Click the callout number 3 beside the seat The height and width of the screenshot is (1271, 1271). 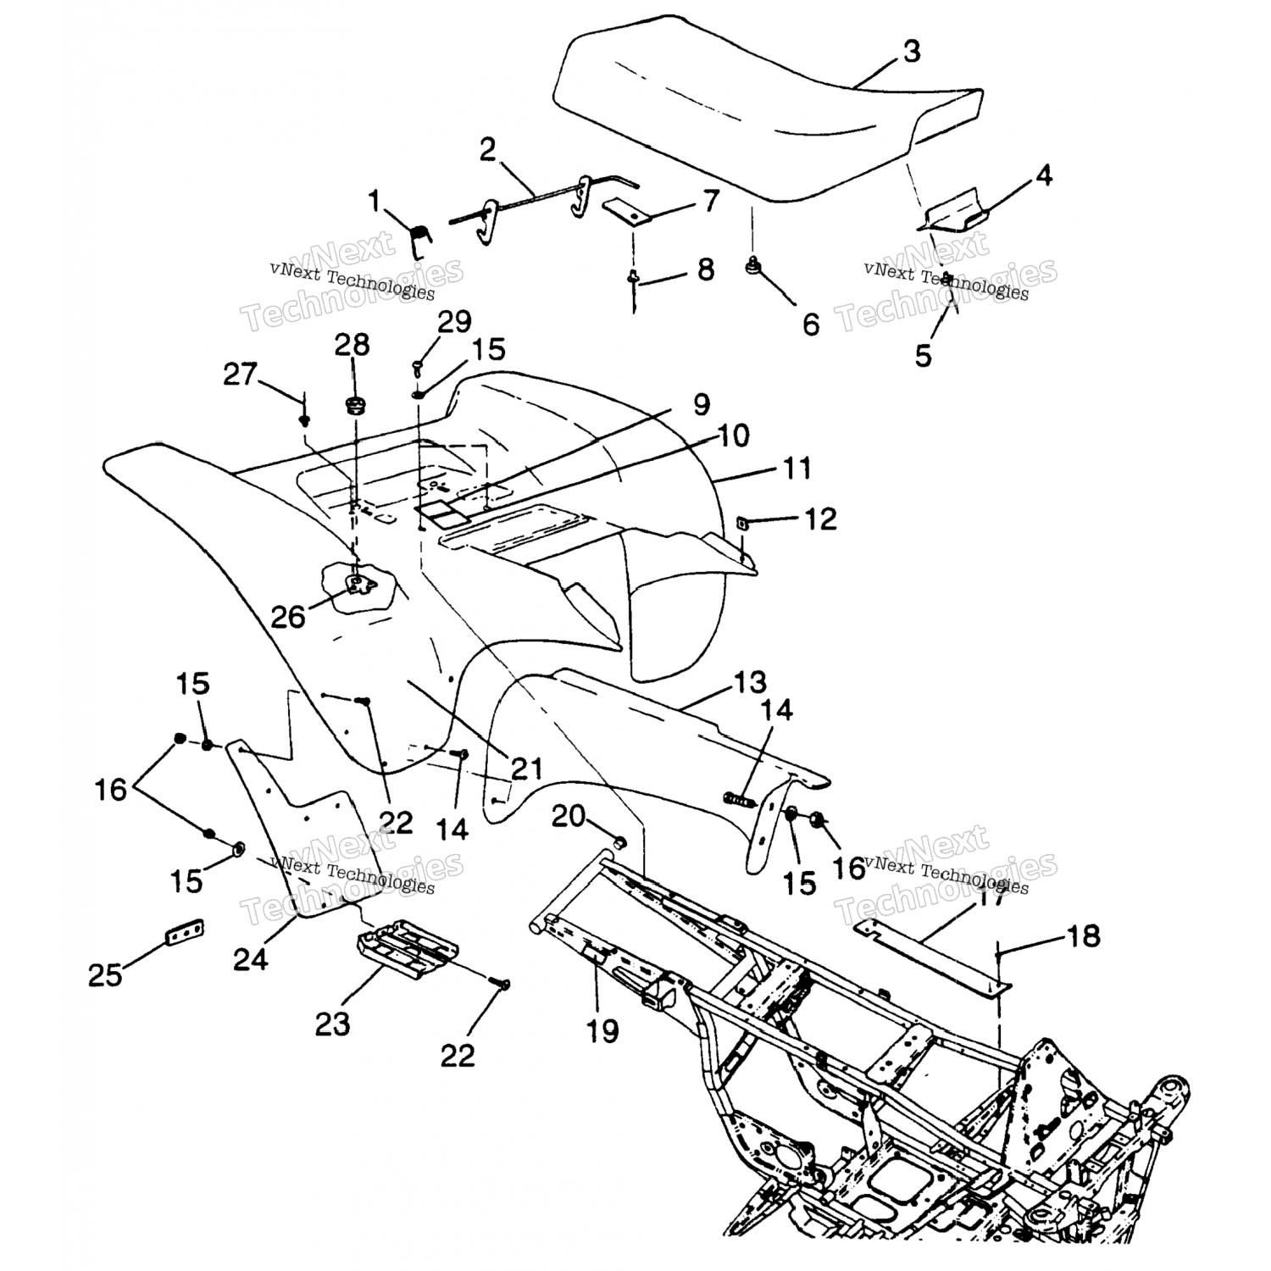point(911,52)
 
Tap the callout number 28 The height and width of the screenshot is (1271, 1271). point(352,345)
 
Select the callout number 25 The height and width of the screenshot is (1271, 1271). point(105,975)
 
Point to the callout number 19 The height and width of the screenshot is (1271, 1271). point(602,1030)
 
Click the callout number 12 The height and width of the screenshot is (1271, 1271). point(819,519)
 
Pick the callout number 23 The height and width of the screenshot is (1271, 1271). point(332,1024)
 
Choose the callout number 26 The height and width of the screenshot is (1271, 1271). point(287,616)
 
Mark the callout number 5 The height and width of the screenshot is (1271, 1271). point(923,354)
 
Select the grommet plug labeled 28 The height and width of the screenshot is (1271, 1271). point(354,402)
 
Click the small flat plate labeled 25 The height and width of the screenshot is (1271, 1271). point(184,932)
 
